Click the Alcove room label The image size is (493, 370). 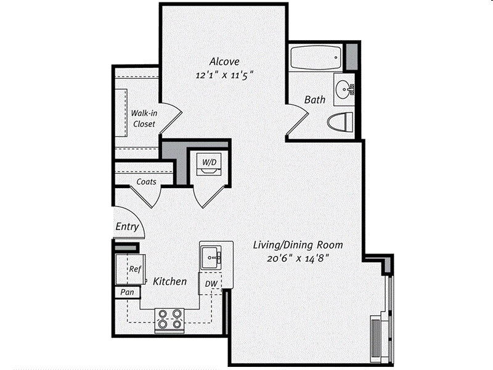click(x=224, y=61)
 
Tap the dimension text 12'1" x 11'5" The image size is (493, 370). click(x=224, y=75)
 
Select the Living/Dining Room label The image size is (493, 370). click(x=298, y=245)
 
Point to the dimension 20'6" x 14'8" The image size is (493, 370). click(x=298, y=258)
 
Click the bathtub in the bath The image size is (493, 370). click(x=316, y=58)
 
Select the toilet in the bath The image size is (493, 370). click(x=341, y=122)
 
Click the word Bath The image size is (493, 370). click(x=315, y=100)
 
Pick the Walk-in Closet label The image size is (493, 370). click(x=144, y=118)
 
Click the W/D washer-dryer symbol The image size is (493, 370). click(x=209, y=164)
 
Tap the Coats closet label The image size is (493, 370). click(x=146, y=182)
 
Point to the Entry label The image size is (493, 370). click(x=127, y=226)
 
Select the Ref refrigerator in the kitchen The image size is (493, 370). click(x=131, y=269)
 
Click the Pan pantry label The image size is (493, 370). click(x=128, y=292)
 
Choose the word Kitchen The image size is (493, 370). click(x=170, y=281)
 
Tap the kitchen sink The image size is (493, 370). click(x=211, y=258)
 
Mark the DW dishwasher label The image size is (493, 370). click(x=211, y=284)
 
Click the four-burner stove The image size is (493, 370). click(x=169, y=319)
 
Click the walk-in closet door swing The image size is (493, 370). click(x=171, y=118)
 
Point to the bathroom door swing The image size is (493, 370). click(x=297, y=120)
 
